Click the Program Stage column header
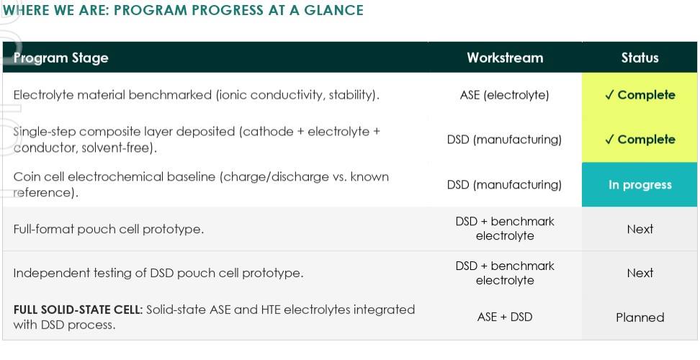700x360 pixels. pyautogui.click(x=60, y=58)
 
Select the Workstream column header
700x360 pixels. pyautogui.click(x=505, y=58)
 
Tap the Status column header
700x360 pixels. pyautogui.click(x=640, y=58)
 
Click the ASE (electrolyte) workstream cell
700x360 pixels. pyautogui.click(x=504, y=95)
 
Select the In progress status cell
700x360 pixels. pyautogui.click(x=640, y=185)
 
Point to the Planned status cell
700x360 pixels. pyautogui.click(x=640, y=318)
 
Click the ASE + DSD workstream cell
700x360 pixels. pyautogui.click(x=504, y=318)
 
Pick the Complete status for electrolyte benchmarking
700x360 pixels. pyautogui.click(x=640, y=95)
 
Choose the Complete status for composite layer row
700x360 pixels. pyautogui.click(x=640, y=140)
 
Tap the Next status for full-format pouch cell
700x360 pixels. pyautogui.click(x=640, y=229)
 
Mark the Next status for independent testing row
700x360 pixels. pyautogui.click(x=640, y=273)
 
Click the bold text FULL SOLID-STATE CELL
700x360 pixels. pyautogui.click(x=78, y=310)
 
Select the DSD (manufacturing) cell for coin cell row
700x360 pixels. pyautogui.click(x=504, y=185)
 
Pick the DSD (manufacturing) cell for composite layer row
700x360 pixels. pyautogui.click(x=504, y=140)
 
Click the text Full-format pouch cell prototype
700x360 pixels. pyautogui.click(x=109, y=229)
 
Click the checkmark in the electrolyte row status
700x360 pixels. pyautogui.click(x=609, y=95)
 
